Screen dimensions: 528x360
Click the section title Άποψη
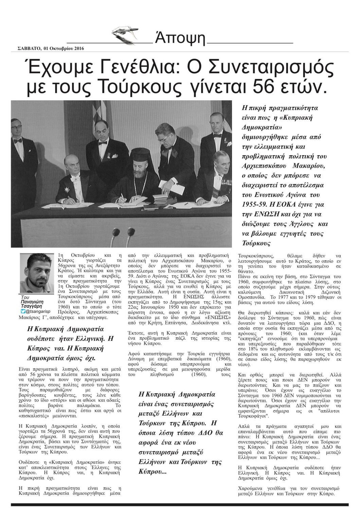(180, 38)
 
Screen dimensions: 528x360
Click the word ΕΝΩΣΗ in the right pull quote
(270, 214)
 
